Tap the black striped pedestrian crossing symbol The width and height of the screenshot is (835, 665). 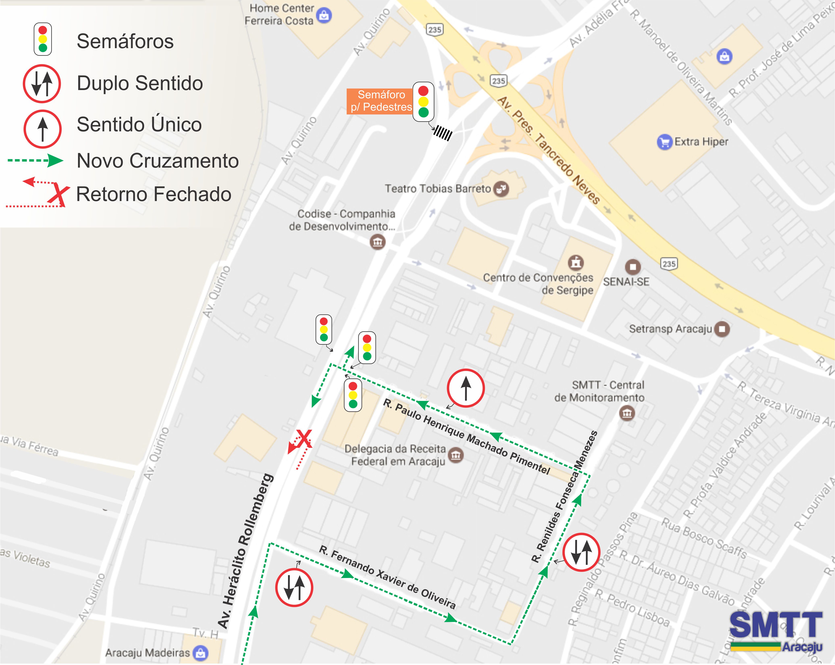(442, 133)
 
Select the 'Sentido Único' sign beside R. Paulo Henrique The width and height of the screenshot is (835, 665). (466, 388)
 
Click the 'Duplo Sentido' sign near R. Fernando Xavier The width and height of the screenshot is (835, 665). (294, 587)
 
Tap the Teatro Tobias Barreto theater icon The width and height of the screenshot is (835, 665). (501, 189)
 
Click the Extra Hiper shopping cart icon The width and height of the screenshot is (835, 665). (664, 142)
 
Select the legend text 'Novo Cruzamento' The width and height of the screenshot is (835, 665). (158, 161)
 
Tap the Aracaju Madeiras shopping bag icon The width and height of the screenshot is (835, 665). (201, 653)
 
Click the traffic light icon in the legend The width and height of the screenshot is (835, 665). (43, 39)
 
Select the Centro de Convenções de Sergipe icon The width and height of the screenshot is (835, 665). (576, 262)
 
